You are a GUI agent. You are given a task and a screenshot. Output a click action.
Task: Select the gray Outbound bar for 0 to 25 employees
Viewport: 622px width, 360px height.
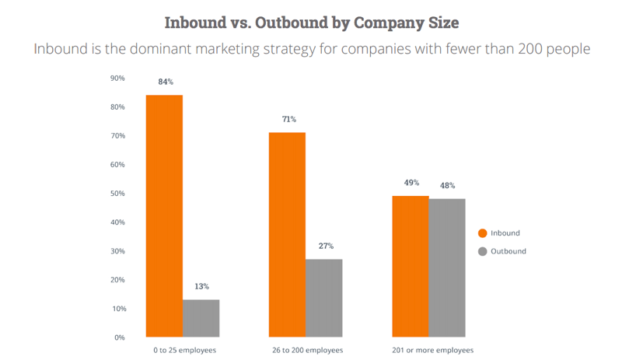coord(201,318)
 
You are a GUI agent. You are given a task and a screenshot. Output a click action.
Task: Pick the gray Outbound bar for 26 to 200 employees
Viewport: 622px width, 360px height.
coord(323,298)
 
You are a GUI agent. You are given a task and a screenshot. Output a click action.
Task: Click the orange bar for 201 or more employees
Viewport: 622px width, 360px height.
coord(411,267)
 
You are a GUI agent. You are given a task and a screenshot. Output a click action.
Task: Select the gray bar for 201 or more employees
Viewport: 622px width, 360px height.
coord(447,268)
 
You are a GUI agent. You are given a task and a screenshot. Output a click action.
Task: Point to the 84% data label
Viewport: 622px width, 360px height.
coord(164,82)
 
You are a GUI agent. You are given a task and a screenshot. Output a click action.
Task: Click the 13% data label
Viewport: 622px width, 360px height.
coord(201,286)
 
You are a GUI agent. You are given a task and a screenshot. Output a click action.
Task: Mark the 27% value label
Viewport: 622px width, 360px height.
coord(324,246)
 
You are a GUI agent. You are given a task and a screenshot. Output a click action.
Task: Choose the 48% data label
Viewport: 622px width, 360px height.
coord(447,185)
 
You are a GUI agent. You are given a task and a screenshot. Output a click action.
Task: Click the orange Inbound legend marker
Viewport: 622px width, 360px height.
coord(482,233)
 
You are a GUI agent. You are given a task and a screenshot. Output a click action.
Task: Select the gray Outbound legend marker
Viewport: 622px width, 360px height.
coord(482,251)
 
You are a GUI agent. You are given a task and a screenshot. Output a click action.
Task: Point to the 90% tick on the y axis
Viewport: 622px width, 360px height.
coord(117,78)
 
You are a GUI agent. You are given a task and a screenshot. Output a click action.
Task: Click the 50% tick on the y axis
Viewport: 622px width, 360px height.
coord(117,194)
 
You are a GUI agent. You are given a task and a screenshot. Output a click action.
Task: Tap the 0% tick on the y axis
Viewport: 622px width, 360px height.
coord(120,337)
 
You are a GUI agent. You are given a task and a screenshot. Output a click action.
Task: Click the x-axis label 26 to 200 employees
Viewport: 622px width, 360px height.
coord(306,351)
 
